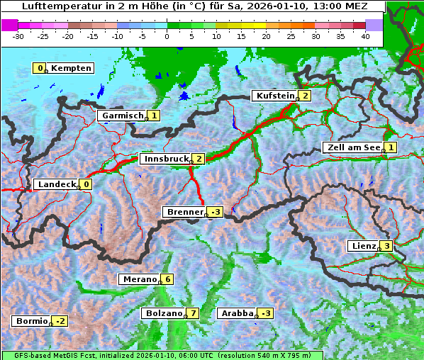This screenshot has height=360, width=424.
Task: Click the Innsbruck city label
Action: coord(165,159)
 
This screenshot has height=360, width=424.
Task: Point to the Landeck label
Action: coord(56,184)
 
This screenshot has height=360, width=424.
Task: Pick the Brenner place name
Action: coord(184,212)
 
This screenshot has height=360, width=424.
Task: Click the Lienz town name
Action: coord(362,246)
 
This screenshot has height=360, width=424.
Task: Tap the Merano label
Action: coord(138,279)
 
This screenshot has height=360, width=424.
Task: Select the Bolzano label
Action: coord(163,313)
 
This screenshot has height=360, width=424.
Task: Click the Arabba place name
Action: coord(237,313)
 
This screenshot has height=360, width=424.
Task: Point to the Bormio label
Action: coord(30,321)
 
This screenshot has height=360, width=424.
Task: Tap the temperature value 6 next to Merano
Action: coord(167,279)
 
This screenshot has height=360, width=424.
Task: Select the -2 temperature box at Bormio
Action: coord(60,321)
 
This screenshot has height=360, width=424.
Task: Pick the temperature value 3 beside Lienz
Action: coord(387,246)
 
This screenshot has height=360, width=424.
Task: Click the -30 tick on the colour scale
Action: coord(18,36)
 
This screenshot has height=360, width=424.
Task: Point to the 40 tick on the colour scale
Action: coord(365,36)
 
